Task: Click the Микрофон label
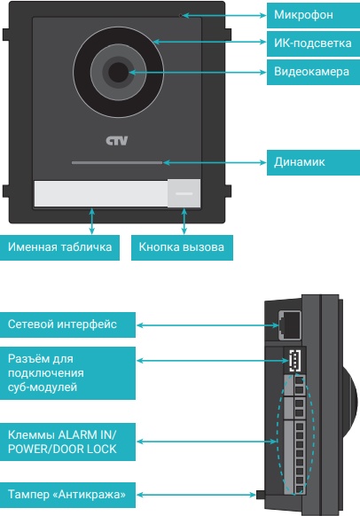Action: [313, 15]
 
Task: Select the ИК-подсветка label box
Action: [313, 43]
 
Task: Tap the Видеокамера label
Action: [313, 72]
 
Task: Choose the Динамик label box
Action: [313, 162]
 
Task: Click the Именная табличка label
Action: [59, 247]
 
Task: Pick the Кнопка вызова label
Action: [182, 247]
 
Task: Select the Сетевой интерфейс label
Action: [67, 324]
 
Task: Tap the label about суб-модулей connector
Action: [67, 373]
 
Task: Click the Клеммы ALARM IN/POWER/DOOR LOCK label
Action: [67, 442]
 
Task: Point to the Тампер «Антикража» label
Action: [67, 495]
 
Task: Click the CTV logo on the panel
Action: [117, 141]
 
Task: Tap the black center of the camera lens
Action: [118, 73]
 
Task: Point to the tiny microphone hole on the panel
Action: [180, 15]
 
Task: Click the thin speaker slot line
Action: [117, 162]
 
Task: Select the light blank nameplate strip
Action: [101, 194]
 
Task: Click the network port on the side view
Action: [290, 325]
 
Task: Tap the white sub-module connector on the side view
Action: [295, 361]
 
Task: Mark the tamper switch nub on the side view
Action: [261, 494]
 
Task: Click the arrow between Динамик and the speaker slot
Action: [215, 162]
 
